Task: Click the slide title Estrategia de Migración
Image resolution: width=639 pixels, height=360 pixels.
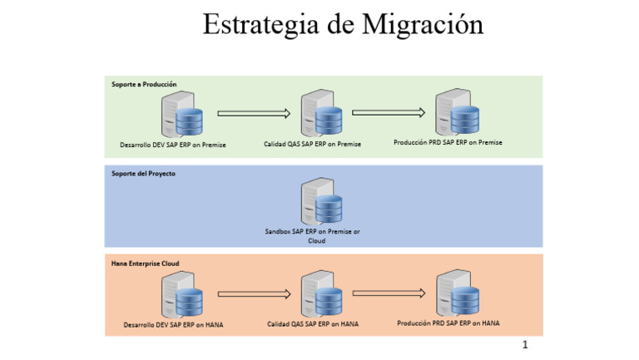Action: coord(343,24)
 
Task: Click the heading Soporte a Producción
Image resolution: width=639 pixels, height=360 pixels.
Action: coord(144,84)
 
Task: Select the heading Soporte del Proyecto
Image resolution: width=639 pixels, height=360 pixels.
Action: coord(143,173)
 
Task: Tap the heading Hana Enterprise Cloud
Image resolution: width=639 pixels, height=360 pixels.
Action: coord(146,263)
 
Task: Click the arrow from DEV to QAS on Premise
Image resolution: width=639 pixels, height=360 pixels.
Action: coord(253,114)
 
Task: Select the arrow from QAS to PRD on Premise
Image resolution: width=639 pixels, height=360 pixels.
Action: coord(389,112)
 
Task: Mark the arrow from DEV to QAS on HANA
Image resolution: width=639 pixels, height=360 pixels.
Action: coord(253,293)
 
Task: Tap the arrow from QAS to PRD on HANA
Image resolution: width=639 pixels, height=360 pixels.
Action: coord(389,293)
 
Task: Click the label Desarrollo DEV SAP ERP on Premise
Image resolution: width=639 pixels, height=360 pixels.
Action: coord(173,145)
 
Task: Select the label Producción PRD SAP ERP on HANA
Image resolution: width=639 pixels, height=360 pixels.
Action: coord(448,323)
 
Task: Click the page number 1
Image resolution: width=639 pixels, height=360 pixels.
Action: coord(524,344)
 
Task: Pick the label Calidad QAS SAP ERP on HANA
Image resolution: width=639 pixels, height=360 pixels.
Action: coord(313,324)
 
